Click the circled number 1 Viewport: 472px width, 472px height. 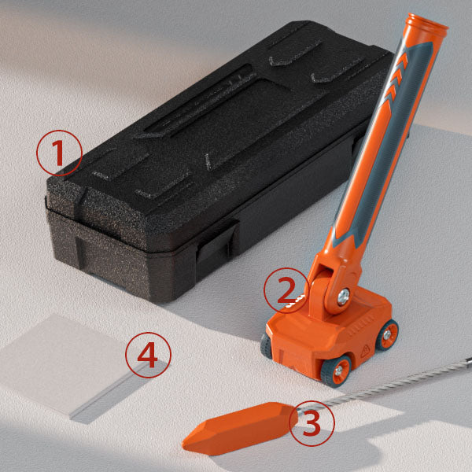(59, 153)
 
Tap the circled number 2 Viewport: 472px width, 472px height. (286, 290)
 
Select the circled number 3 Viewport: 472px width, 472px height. (312, 423)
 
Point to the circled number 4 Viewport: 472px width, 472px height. (148, 355)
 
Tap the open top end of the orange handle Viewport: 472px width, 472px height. (427, 23)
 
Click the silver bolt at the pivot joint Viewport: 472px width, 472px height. (344, 297)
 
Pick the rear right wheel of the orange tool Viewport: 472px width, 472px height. (388, 335)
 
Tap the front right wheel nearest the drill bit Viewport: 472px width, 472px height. (337, 371)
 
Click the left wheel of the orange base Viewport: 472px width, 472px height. (266, 346)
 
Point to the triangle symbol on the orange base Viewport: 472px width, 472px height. (365, 352)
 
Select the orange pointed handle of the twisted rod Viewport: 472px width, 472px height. (240, 427)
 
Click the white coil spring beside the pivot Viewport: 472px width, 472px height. (296, 301)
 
